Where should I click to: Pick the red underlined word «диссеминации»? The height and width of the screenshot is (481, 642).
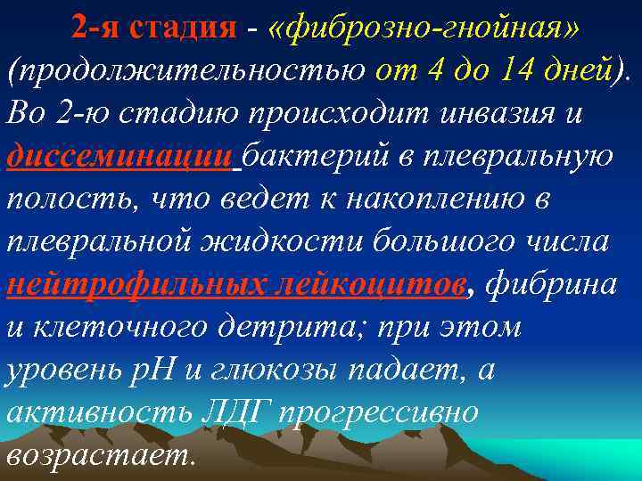(x=119, y=157)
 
